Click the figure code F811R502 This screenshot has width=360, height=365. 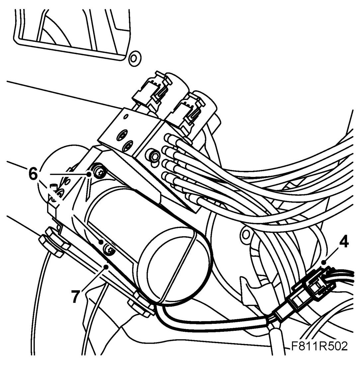pos(319,347)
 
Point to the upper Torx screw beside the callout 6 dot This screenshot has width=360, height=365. pos(99,172)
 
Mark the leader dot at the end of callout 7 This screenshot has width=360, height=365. pos(106,266)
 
